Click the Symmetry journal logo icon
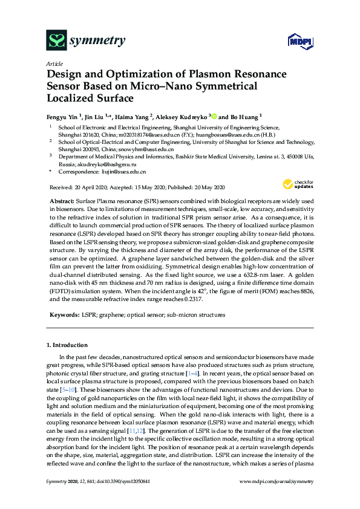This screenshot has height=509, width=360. (57, 41)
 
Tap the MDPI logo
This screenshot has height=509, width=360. (295, 42)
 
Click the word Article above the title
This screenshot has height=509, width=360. (54, 63)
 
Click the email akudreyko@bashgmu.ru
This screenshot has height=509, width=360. (98, 164)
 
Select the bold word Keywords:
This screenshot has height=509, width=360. (64, 315)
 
